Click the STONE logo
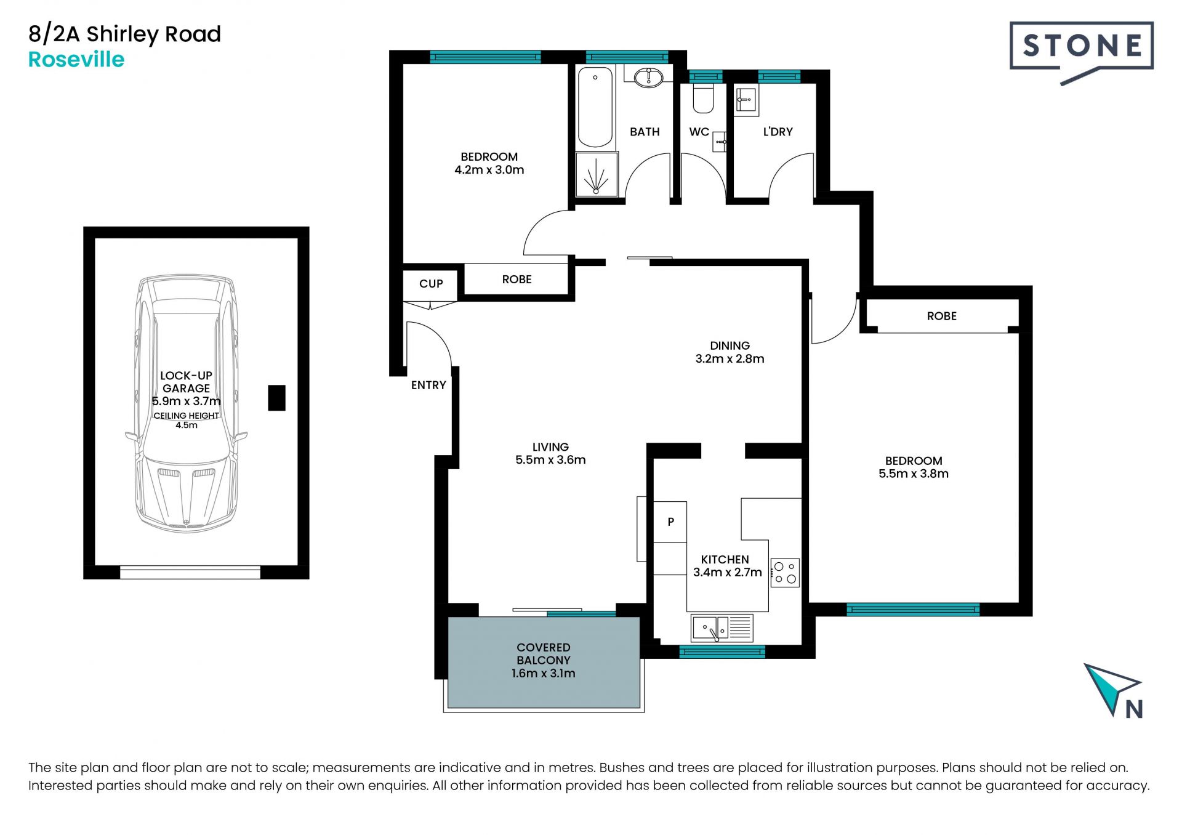(x=1082, y=53)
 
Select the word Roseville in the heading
(x=76, y=60)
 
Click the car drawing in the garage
(x=186, y=403)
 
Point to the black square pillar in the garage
(x=276, y=398)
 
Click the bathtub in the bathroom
(x=595, y=107)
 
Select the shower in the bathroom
(x=597, y=175)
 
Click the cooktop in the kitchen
(x=785, y=573)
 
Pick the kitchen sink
(x=722, y=628)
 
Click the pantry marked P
(x=670, y=522)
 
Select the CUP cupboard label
(x=431, y=284)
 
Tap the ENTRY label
(x=428, y=385)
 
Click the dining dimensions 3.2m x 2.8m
(x=730, y=359)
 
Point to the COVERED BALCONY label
(x=544, y=654)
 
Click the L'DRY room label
(x=778, y=132)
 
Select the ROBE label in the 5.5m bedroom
(x=942, y=317)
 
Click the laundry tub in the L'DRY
(x=746, y=100)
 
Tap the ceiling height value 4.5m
(x=187, y=426)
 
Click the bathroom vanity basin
(x=648, y=78)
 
